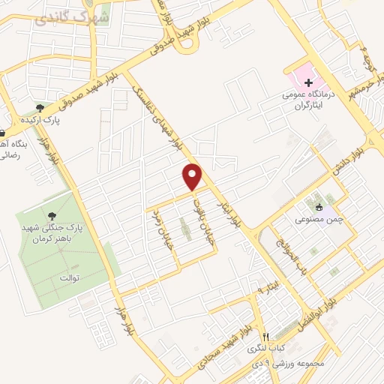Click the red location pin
point(193,176)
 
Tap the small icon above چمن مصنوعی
point(319,207)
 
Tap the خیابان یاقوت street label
point(198,214)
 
